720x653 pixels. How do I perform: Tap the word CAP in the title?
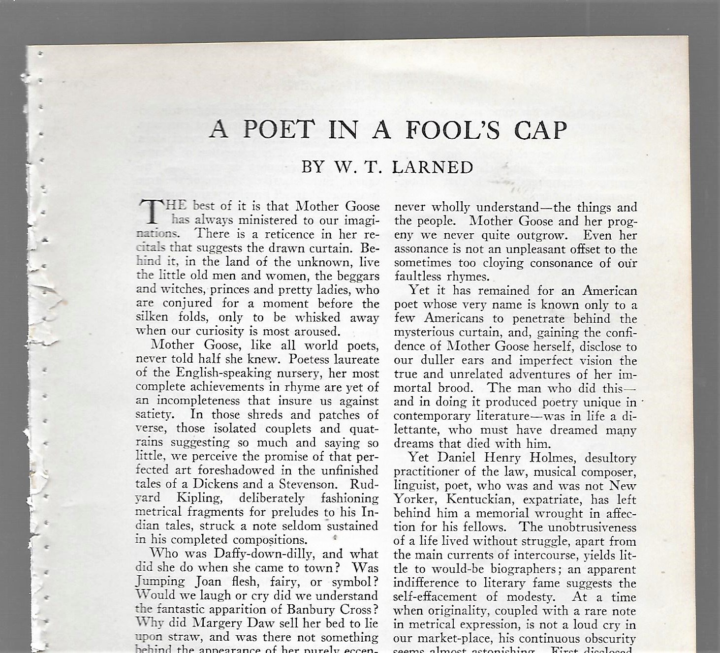coord(540,130)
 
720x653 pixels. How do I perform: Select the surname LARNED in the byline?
coord(433,167)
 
